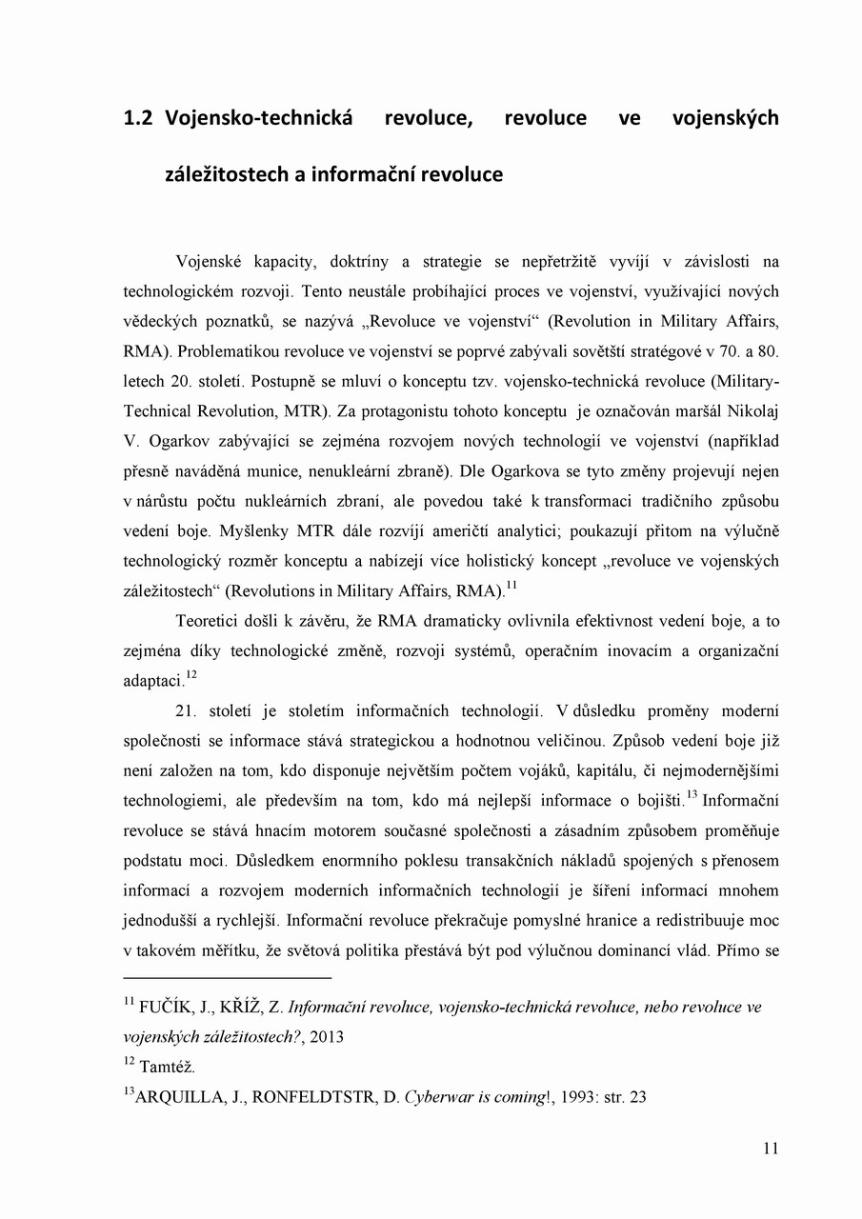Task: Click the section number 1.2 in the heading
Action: [x=141, y=118]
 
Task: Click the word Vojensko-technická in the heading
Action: [x=259, y=118]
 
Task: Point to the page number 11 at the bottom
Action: [x=771, y=1149]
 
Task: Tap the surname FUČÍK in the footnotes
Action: [x=170, y=1007]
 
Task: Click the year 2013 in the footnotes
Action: [x=324, y=1037]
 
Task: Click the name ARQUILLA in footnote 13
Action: [x=177, y=1097]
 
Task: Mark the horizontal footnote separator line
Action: [x=228, y=977]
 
